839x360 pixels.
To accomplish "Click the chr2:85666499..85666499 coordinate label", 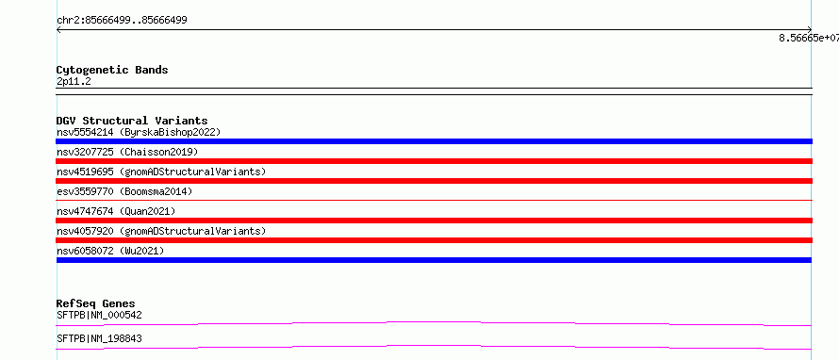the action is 122,21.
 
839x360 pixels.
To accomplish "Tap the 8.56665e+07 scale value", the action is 809,38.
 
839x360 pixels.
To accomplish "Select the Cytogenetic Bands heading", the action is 112,70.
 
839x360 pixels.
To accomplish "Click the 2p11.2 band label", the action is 74,81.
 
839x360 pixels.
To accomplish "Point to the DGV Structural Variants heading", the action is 132,121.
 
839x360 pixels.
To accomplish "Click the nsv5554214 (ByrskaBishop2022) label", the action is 139,132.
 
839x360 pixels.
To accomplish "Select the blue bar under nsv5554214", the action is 434,141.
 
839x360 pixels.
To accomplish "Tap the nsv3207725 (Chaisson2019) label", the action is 127,152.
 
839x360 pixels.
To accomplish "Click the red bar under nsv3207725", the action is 434,161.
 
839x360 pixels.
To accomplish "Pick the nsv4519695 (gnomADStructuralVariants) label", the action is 161,172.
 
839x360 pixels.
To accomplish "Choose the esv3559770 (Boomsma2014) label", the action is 124,191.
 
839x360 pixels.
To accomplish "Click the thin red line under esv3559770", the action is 434,200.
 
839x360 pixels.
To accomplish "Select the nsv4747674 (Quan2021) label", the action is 116,211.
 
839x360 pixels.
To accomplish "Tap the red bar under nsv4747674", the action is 434,221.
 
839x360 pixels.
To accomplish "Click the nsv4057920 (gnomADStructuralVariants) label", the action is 161,231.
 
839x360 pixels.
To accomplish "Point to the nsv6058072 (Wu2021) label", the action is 110,251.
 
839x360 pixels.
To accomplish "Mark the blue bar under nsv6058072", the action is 434,260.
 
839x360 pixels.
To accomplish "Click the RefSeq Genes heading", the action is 96,303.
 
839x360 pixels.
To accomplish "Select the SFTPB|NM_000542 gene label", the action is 100,315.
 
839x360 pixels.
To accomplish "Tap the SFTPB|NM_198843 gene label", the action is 100,338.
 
